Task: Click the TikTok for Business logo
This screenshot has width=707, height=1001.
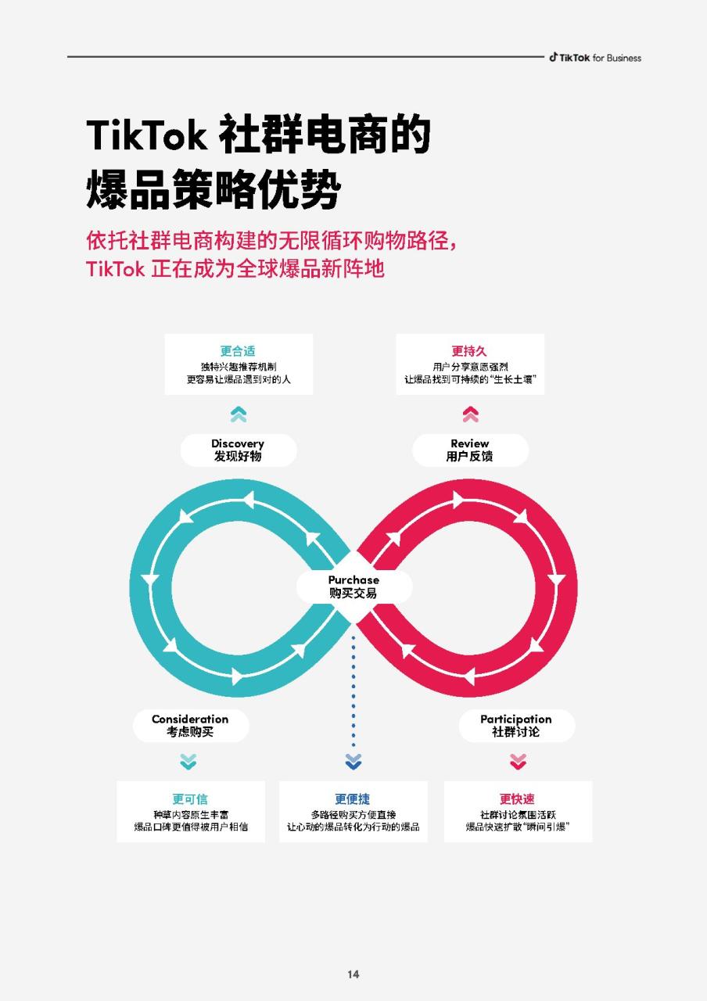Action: pos(595,58)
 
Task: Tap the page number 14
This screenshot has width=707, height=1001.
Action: pos(353,974)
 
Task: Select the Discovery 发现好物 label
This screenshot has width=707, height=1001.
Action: pos(238,450)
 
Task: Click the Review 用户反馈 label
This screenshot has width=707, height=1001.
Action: pos(470,450)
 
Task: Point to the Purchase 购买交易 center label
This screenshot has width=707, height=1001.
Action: pos(353,587)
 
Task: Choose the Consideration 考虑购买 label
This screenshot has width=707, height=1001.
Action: pos(190,725)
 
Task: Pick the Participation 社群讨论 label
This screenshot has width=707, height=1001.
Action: pos(516,725)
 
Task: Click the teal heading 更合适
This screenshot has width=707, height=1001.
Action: pos(238,351)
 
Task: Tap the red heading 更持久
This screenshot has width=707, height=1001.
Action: pos(469,351)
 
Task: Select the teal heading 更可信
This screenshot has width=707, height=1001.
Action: pos(190,798)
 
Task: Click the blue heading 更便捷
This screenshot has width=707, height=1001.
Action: pos(353,798)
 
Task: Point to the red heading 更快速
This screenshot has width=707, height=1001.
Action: pos(517,798)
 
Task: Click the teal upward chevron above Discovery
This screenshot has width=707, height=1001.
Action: pos(239,414)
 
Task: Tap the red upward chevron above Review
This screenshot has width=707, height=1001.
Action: pos(471,414)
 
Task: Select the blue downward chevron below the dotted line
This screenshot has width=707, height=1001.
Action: pos(353,762)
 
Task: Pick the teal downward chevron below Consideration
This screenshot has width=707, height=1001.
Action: pos(188,762)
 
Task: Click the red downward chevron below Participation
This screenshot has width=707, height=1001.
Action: pos(518,762)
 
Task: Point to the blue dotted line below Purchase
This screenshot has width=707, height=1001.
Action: pos(353,691)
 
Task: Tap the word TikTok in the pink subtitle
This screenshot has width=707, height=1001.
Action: pos(115,269)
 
